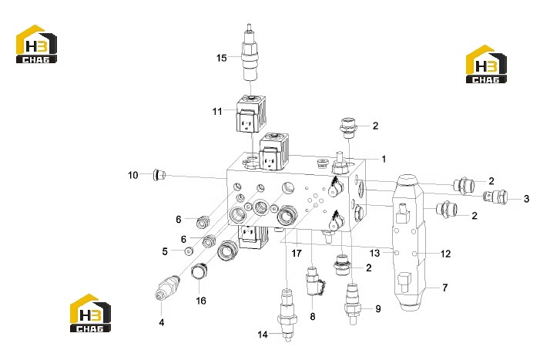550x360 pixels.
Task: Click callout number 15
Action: click(221, 58)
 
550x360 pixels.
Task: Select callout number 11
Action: click(217, 111)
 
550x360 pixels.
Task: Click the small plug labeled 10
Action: click(159, 174)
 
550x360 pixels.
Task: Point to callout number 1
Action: click(384, 159)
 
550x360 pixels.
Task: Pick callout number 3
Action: click(526, 199)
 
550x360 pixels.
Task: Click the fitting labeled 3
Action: click(495, 197)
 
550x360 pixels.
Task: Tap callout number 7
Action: click(445, 288)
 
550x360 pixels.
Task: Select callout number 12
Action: click(445, 254)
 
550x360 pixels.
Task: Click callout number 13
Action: click(374, 253)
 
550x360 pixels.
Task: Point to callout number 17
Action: click(297, 253)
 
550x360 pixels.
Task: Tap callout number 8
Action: click(313, 317)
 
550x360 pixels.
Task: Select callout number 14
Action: click(263, 335)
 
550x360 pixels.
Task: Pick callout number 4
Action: click(161, 322)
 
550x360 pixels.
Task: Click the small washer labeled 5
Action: click(189, 251)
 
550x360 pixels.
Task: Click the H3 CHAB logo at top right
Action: click(486, 64)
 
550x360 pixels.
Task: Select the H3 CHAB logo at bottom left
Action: click(90, 313)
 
